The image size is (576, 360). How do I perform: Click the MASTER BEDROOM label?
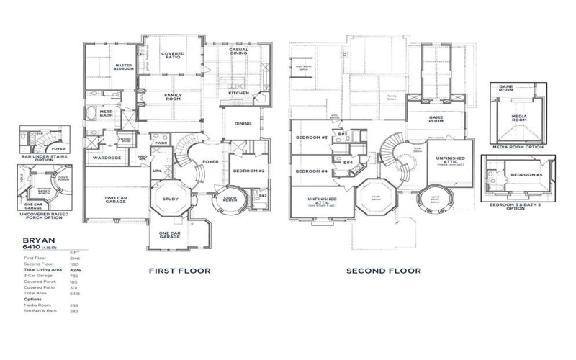[127, 68]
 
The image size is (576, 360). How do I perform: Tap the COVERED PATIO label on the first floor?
[172, 56]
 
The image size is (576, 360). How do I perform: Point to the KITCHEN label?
[238, 93]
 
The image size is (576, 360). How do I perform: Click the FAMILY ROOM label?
[173, 97]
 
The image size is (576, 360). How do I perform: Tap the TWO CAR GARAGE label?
[116, 199]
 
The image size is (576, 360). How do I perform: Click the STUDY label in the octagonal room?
[171, 199]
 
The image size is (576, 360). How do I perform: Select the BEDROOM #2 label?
[248, 171]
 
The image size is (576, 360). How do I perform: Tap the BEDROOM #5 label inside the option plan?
[526, 175]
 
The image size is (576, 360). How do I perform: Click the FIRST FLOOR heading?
[179, 271]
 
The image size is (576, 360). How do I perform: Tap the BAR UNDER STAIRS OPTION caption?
[42, 160]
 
